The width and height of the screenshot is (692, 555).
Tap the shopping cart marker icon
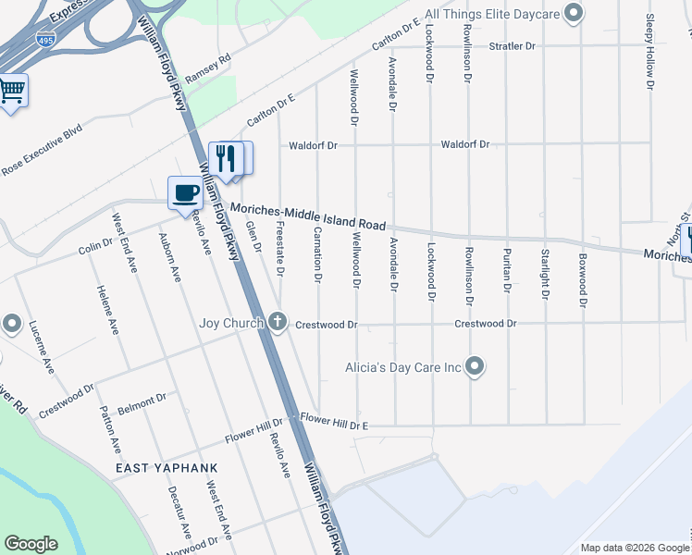click(x=12, y=91)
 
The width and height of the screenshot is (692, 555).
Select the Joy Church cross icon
click(x=278, y=323)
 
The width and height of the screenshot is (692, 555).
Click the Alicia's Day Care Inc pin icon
click(x=475, y=367)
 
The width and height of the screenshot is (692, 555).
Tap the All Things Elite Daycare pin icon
click(x=574, y=13)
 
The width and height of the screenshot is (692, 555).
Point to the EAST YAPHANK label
click(x=167, y=468)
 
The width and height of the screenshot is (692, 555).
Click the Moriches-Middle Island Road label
click(x=308, y=217)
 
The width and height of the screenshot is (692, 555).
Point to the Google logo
click(x=31, y=544)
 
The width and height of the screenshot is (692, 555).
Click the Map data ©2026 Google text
click(x=634, y=548)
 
